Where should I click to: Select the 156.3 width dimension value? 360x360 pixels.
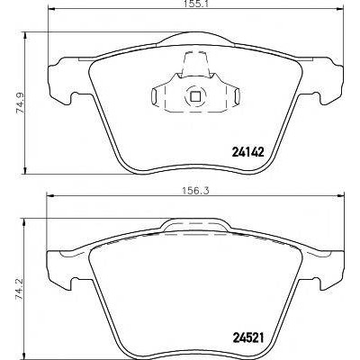[x=194, y=190]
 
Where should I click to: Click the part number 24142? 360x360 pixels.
[x=247, y=153]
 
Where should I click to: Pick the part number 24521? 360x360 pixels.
[x=247, y=338]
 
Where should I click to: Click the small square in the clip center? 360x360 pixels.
[x=195, y=96]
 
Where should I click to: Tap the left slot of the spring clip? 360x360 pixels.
[x=155, y=96]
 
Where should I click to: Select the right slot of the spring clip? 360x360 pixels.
[x=237, y=96]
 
